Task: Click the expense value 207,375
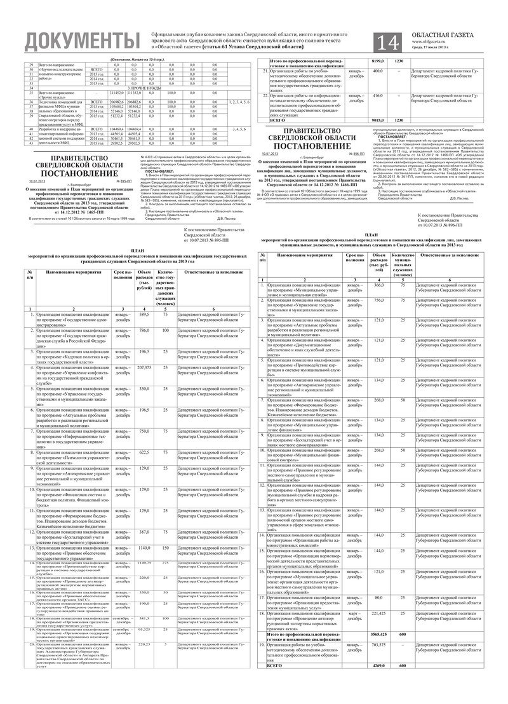tap(144, 368)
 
